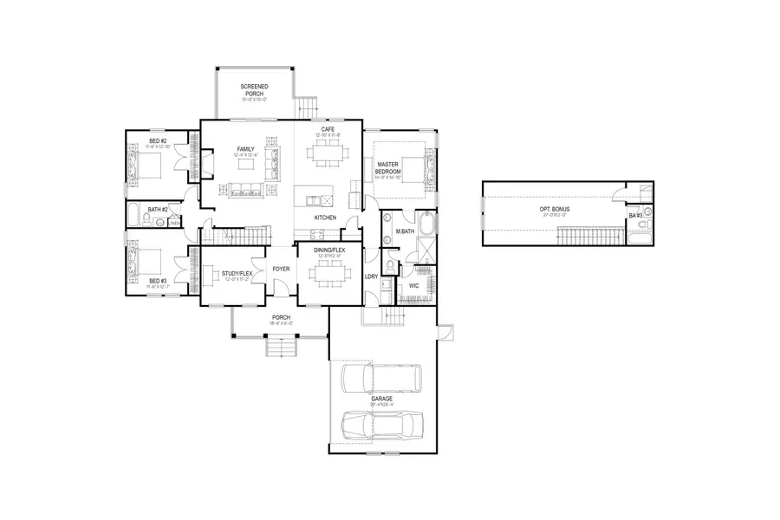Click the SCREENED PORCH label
pyautogui.click(x=254, y=92)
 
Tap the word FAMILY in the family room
pyautogui.click(x=245, y=149)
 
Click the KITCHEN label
pyautogui.click(x=324, y=217)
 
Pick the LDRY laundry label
pyautogui.click(x=371, y=276)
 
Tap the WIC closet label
pyautogui.click(x=413, y=284)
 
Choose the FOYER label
pyautogui.click(x=281, y=269)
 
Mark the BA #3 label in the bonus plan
pyautogui.click(x=635, y=215)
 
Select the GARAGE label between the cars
pyautogui.click(x=382, y=399)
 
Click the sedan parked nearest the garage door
pyautogui.click(x=382, y=426)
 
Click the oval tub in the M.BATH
pyautogui.click(x=387, y=219)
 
